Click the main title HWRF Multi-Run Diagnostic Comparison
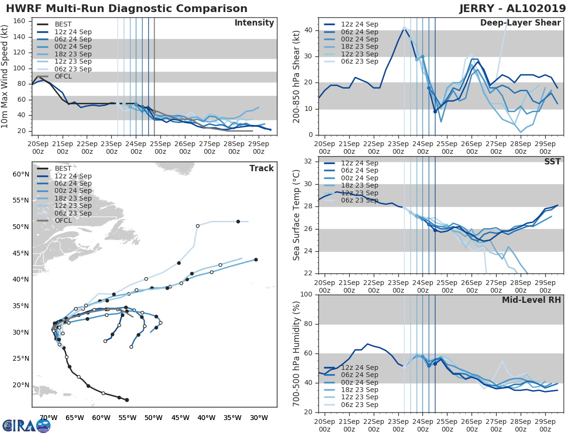tap(127, 9)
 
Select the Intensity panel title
tap(254, 23)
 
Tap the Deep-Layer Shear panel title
tap(520, 23)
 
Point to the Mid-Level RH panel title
tap(531, 300)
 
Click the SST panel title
tap(552, 162)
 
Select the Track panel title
tap(261, 168)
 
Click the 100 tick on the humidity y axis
tap(306, 295)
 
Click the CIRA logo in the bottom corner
tap(26, 425)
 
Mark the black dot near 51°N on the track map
tap(238, 222)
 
